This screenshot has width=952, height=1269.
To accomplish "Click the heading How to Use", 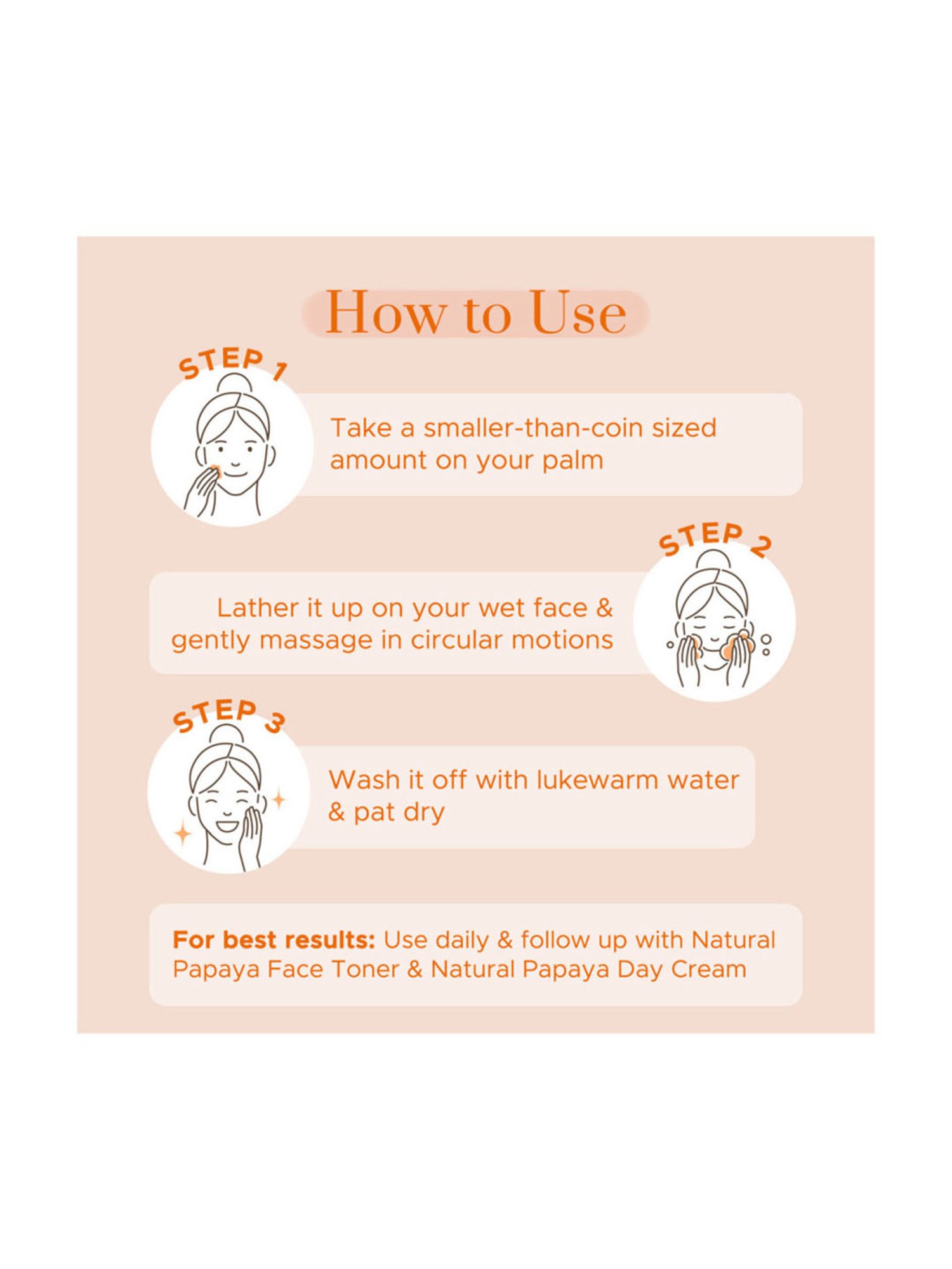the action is pos(475,313).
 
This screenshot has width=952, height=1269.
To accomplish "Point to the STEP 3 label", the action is pos(228,716).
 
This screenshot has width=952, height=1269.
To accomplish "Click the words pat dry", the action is pos(399,812).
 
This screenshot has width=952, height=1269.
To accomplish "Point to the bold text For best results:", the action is pos(274,940).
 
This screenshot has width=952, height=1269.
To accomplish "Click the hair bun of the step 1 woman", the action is pos(234,383).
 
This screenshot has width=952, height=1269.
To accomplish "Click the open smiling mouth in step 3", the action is pos(227,826).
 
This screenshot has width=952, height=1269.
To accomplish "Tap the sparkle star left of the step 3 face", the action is pos(183,833).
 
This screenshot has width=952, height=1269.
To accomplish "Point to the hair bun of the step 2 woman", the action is pos(713,560).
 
